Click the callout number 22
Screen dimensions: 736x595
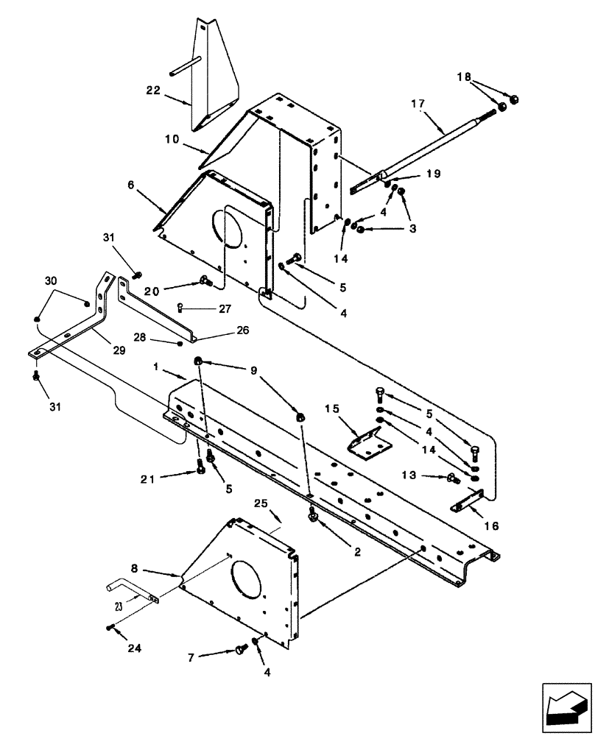(x=152, y=91)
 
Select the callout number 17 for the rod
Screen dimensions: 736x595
(x=417, y=105)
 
